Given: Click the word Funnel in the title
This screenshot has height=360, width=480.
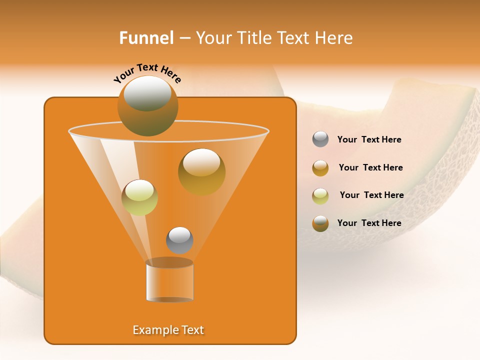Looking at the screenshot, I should point(146,38).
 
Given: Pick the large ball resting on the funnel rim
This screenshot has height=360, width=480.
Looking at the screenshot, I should point(147,105).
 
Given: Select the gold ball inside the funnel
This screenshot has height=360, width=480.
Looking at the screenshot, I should point(201,171).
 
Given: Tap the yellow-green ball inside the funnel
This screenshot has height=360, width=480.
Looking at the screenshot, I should point(139,197).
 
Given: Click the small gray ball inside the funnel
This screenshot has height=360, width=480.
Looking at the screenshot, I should point(179,240).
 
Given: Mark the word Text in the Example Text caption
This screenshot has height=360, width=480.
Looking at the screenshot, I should point(192,330).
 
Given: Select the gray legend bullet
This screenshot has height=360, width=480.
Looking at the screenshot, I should point(320,139).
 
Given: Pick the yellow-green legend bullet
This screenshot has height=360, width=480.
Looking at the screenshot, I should point(320,195).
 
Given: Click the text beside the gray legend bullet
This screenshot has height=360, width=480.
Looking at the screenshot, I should point(369,140).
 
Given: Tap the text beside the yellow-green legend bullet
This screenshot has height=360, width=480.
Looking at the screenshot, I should point(371,195).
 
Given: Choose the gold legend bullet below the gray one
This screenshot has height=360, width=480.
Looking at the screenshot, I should point(320,168).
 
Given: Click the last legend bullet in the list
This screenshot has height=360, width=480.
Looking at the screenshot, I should point(320,223).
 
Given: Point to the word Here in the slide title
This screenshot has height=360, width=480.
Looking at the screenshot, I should point(334,38).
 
